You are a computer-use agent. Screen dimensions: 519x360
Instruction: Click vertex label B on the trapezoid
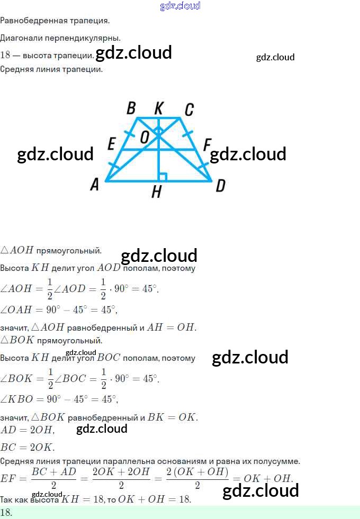pyautogui.click(x=131, y=108)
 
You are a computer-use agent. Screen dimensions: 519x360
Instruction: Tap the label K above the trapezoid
pyautogui.click(x=158, y=108)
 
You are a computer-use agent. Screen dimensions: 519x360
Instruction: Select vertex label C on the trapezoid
pyautogui.click(x=188, y=110)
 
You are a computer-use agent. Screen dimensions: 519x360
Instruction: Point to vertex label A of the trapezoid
pyautogui.click(x=95, y=184)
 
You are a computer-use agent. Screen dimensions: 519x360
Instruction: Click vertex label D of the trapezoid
pyautogui.click(x=220, y=185)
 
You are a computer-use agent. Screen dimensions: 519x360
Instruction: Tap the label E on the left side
pyautogui.click(x=111, y=143)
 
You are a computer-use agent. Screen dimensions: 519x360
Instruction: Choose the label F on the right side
pyautogui.click(x=207, y=144)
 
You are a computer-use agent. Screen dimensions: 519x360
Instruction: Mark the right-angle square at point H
pyautogui.click(x=163, y=177)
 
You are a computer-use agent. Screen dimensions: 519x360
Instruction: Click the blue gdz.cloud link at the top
pyautogui.click(x=180, y=6)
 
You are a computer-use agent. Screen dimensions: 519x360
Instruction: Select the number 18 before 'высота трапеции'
pyautogui.click(x=6, y=55)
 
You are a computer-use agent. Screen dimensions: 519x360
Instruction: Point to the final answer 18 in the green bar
pyautogui.click(x=6, y=512)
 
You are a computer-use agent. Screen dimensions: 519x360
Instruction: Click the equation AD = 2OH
pyautogui.click(x=28, y=430)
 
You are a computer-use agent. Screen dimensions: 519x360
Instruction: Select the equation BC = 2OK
pyautogui.click(x=28, y=447)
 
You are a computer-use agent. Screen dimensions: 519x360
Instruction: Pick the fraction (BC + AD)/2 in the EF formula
pyautogui.click(x=54, y=478)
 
